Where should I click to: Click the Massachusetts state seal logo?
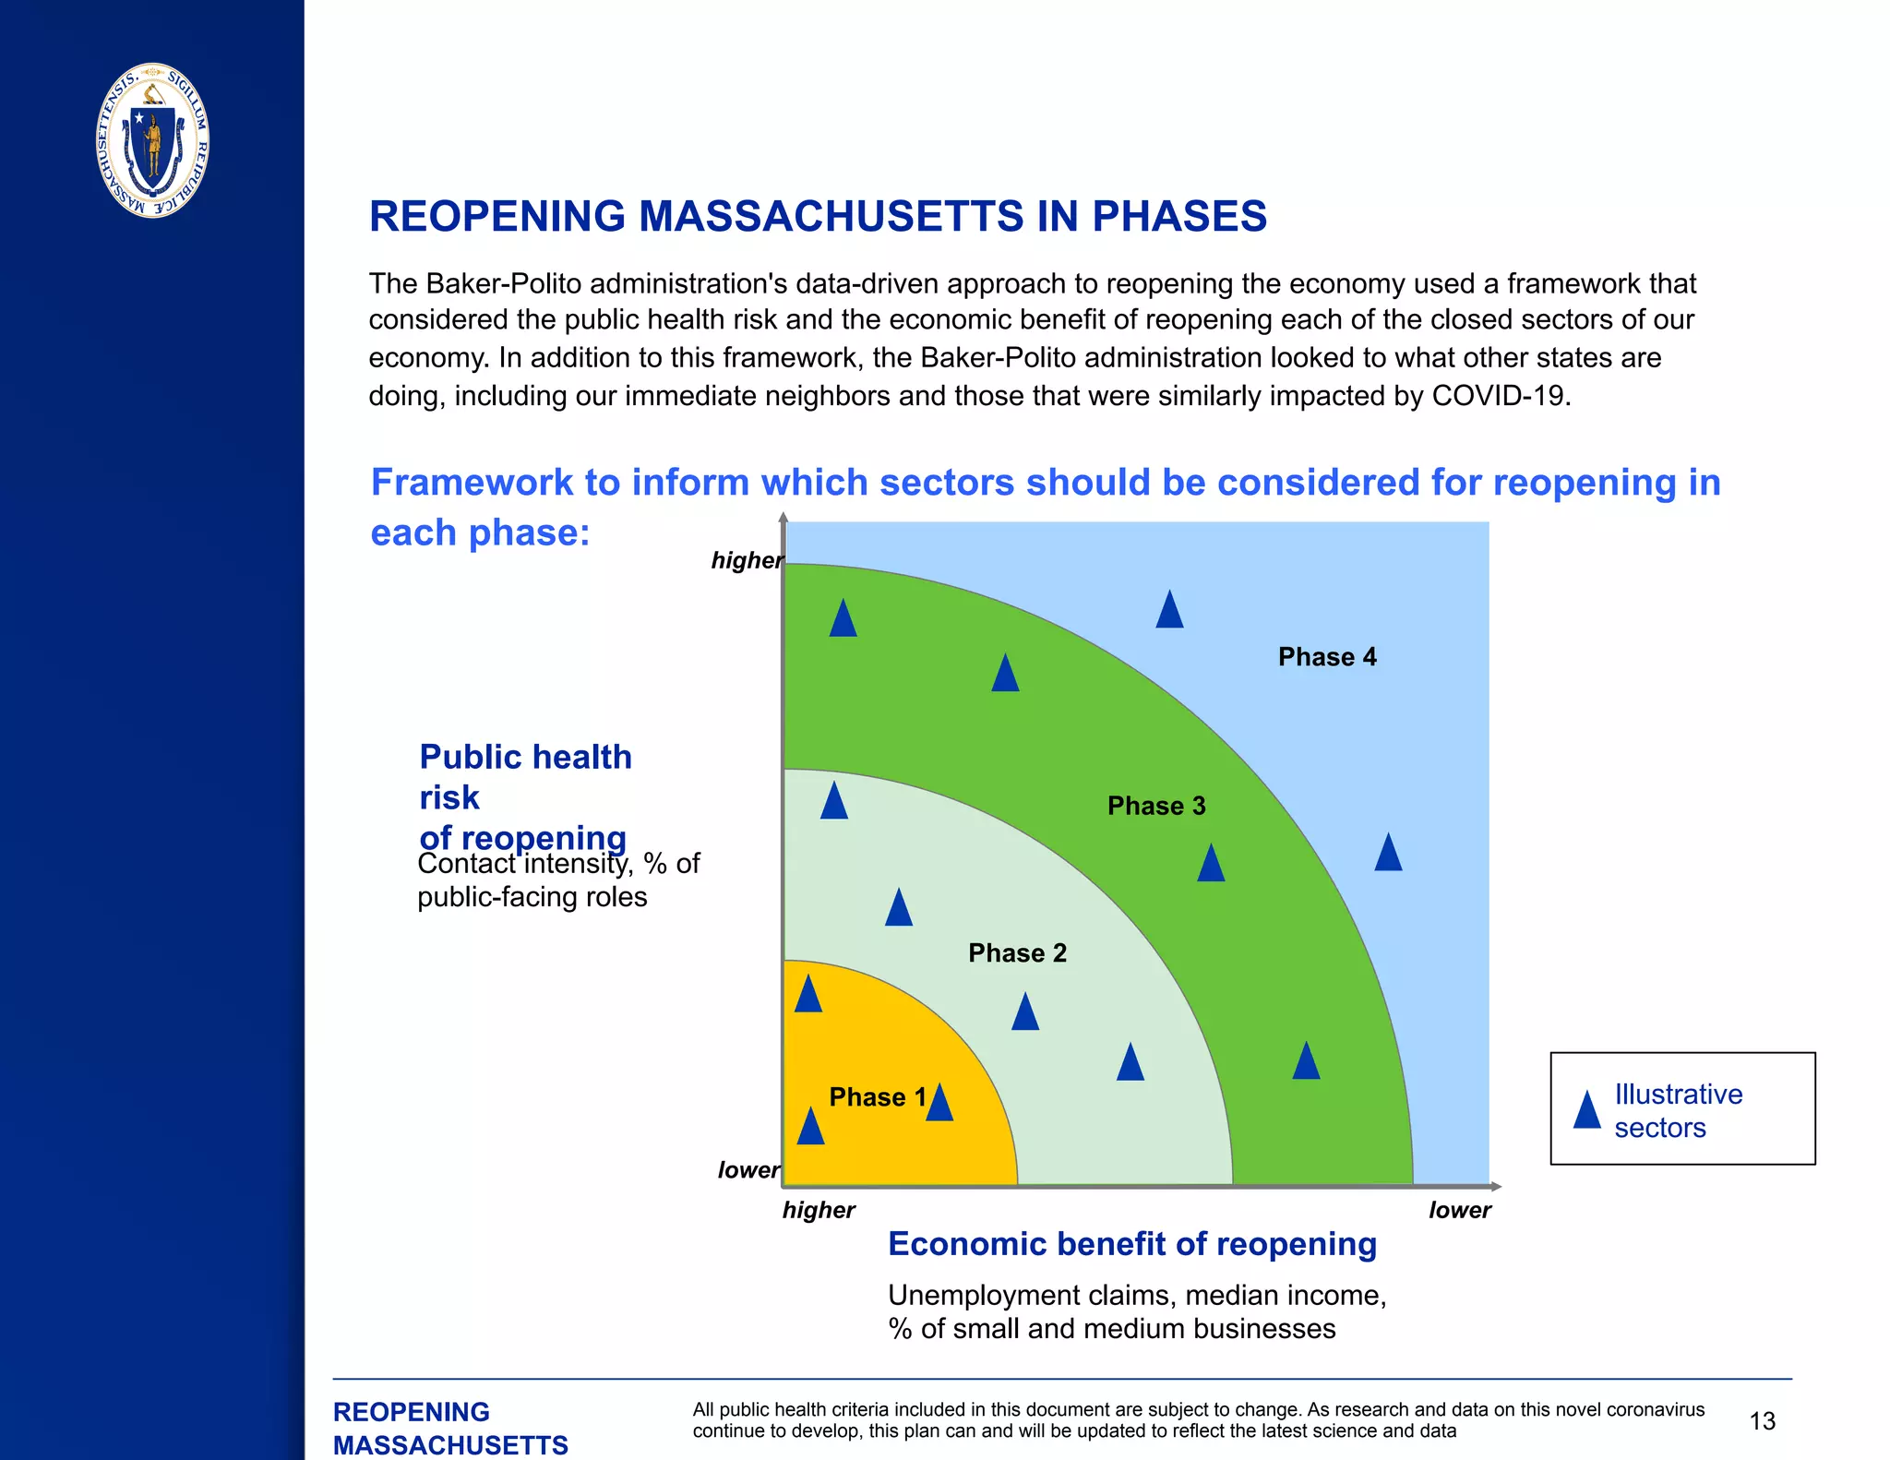point(152,140)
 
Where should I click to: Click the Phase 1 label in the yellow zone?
point(877,1096)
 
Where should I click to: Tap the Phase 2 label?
point(1017,952)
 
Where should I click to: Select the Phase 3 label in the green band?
point(1156,806)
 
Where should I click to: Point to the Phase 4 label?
point(1326,657)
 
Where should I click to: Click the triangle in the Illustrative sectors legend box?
point(1586,1110)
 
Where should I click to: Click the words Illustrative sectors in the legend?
point(1677,1110)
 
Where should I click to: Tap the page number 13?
point(1762,1421)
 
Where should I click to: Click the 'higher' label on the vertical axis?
point(746,560)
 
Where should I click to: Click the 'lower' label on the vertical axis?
point(748,1170)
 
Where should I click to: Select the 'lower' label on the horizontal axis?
point(1459,1210)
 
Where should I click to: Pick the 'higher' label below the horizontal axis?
point(819,1210)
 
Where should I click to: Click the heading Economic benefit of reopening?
point(1131,1244)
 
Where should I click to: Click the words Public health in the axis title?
point(525,757)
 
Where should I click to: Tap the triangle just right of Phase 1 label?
point(939,1104)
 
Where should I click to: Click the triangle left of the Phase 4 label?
point(1169,611)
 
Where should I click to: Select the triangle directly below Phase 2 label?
point(1024,1012)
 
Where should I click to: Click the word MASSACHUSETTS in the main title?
point(831,217)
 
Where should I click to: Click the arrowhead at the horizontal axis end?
point(1496,1186)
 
